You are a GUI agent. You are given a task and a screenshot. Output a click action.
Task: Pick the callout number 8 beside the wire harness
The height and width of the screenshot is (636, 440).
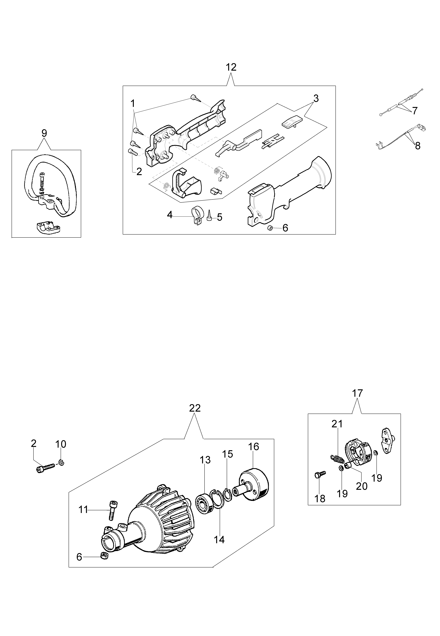click(x=418, y=146)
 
